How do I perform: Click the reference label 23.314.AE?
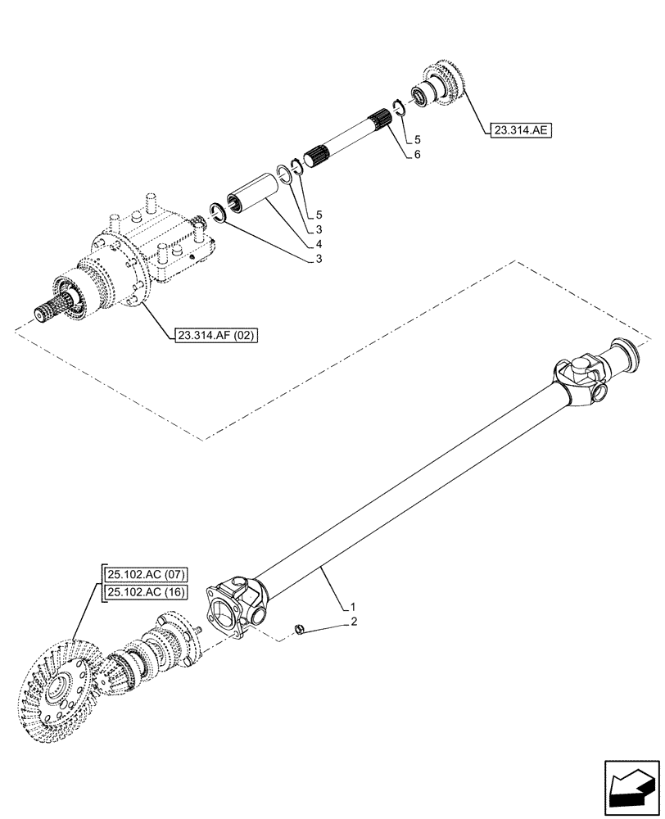521,130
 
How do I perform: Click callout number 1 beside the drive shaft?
353,607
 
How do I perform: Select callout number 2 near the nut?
354,622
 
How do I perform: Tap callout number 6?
418,154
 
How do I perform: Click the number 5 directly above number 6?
417,139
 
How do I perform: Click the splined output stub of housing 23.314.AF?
51,312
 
